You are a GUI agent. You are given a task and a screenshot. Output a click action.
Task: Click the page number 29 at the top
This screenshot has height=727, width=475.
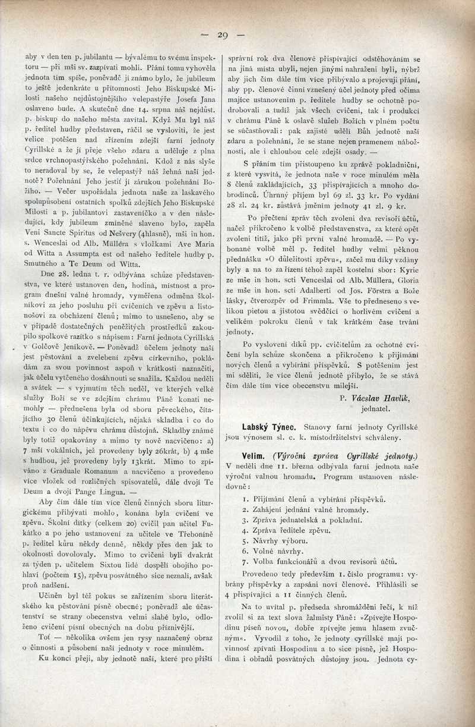tap(222, 35)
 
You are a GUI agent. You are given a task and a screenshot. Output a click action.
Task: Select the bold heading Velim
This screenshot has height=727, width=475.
tap(246, 456)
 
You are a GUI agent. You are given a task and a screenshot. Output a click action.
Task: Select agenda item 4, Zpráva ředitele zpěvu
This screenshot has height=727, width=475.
tap(290, 530)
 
